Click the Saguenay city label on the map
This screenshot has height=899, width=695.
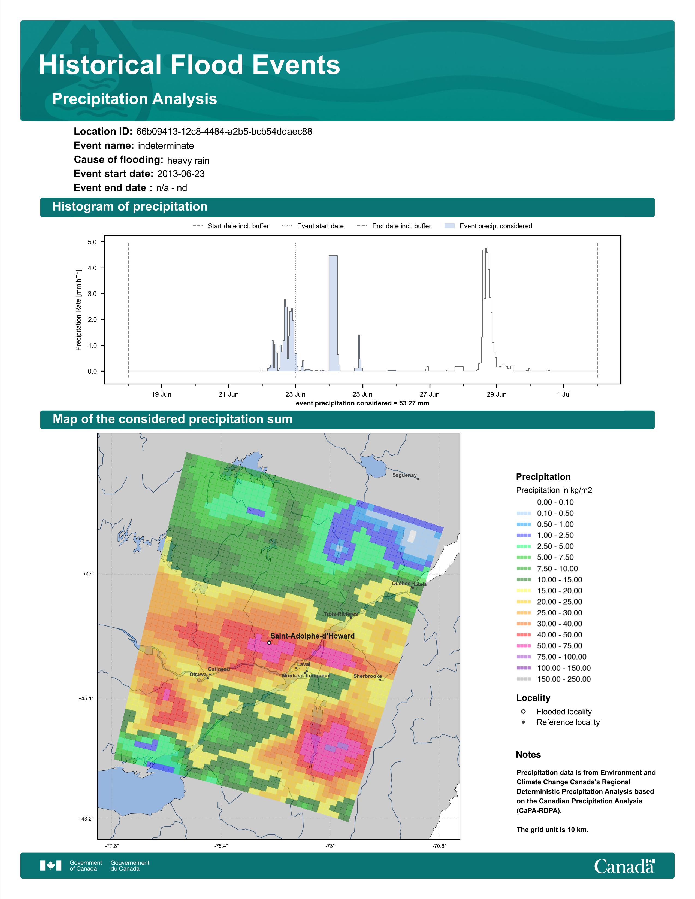404,475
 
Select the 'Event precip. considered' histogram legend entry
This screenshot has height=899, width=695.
488,226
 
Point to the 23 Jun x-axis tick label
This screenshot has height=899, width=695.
296,394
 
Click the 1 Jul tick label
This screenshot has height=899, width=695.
564,394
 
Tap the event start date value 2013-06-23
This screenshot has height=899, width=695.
181,174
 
